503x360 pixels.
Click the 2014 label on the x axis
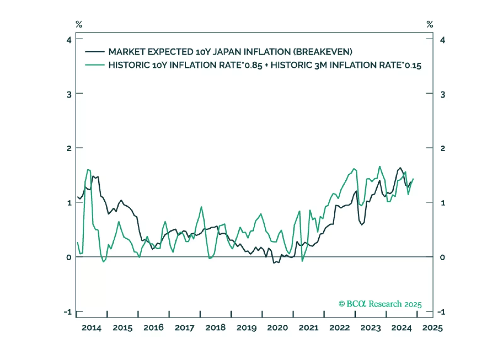[91, 328]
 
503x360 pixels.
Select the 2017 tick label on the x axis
[184, 328]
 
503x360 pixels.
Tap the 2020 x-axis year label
[277, 328]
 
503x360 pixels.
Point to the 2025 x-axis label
[432, 328]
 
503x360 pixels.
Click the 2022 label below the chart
[339, 328]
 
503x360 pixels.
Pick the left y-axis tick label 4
[69, 40]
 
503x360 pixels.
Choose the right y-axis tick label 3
[443, 94]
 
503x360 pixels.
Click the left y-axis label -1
[68, 312]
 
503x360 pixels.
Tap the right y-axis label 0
[442, 257]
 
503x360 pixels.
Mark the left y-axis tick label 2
[69, 148]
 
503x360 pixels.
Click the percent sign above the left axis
[79, 24]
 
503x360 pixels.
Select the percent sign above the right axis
[430, 24]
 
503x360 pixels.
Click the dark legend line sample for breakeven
[95, 52]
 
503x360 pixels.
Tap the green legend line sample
[95, 65]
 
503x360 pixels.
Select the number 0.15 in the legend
[413, 65]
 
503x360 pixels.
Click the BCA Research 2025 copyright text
[380, 304]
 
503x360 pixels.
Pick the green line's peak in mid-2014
[88, 170]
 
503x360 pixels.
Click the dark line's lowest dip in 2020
[274, 263]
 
